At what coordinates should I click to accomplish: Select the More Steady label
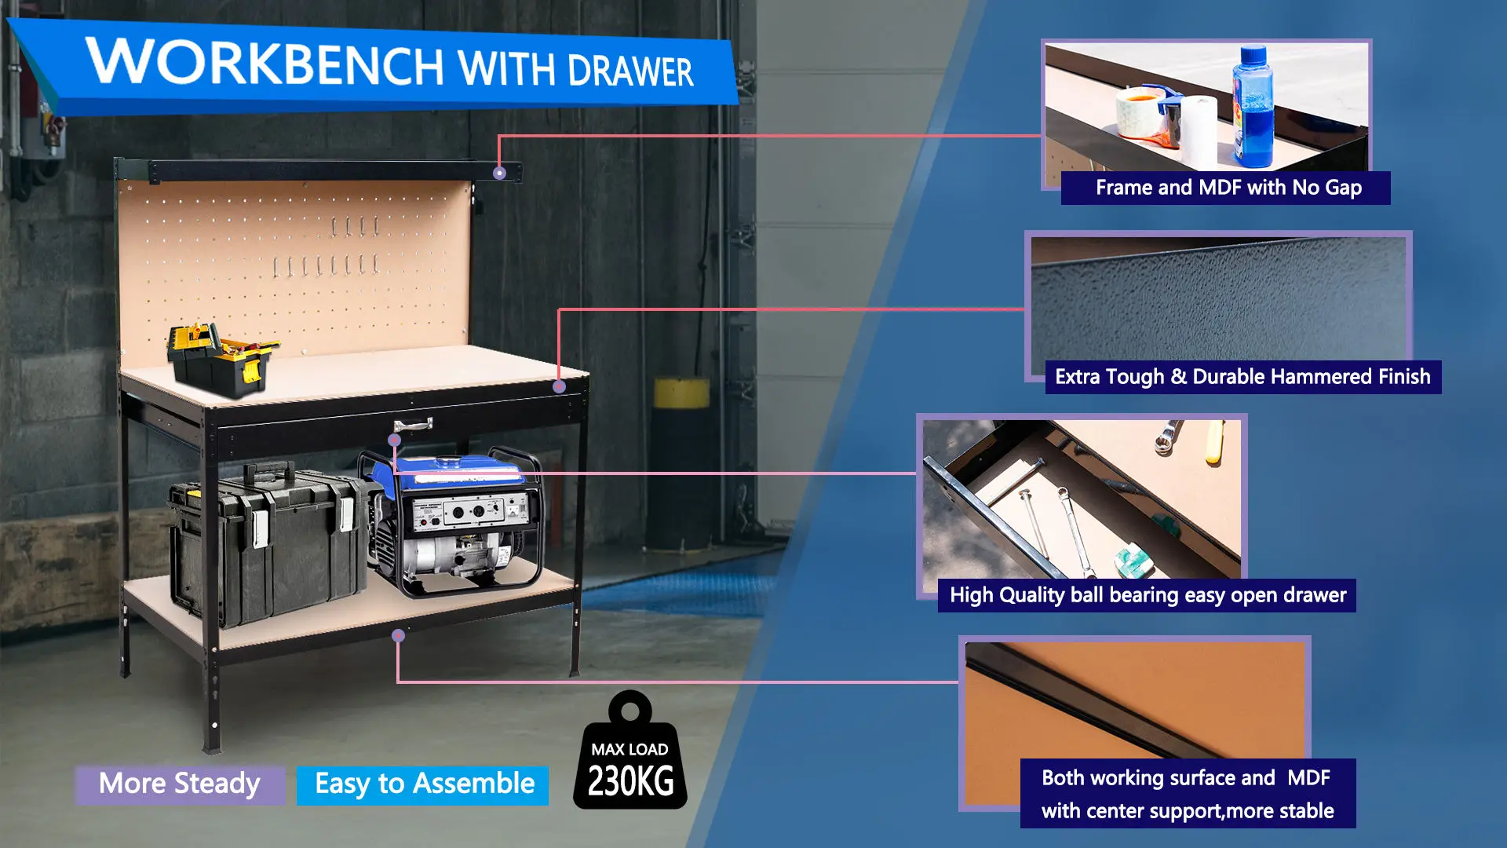pos(180,784)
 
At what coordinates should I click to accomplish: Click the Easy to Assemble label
pos(424,784)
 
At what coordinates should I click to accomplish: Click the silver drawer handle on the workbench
pos(414,426)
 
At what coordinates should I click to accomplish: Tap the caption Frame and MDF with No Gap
pos(1228,188)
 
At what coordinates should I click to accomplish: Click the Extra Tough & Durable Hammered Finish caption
pos(1242,377)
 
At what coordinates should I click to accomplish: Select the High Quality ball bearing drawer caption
pos(1148,595)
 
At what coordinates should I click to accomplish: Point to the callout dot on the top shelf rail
pos(499,173)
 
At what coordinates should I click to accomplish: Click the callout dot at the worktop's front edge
pos(559,386)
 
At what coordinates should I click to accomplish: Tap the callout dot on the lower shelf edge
pos(399,635)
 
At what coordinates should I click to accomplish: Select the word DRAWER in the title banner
pos(630,71)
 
